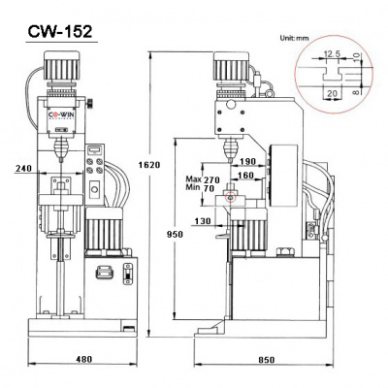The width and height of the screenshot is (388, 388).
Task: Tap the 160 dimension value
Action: pyautogui.click(x=243, y=177)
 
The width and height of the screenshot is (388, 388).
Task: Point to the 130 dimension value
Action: pyautogui.click(x=202, y=220)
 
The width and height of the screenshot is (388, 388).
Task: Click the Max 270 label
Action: pyautogui.click(x=199, y=180)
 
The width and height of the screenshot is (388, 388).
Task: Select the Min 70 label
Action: pyautogui.click(x=199, y=190)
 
